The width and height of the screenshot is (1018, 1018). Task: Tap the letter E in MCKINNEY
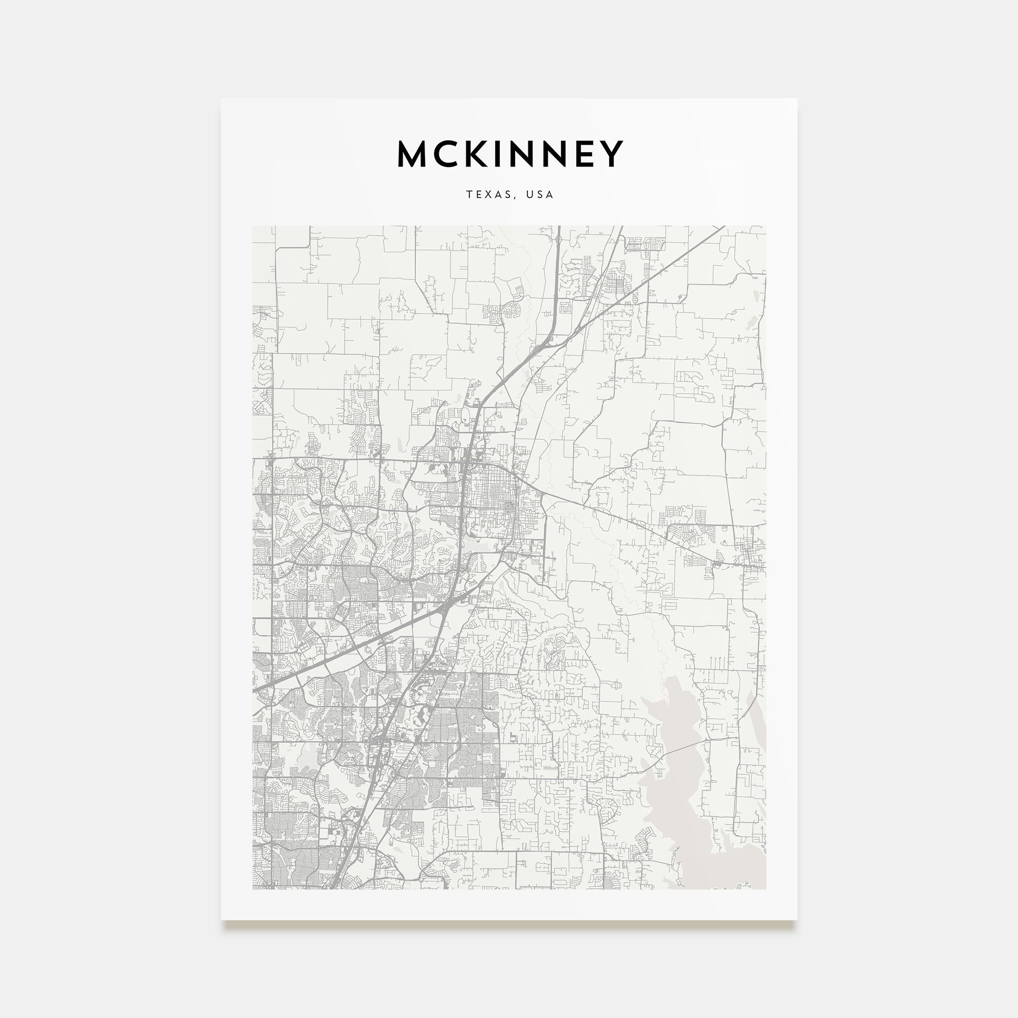[586, 154]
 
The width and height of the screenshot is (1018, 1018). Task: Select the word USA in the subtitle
[541, 194]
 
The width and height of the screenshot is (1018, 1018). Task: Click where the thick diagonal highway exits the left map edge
[255, 690]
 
